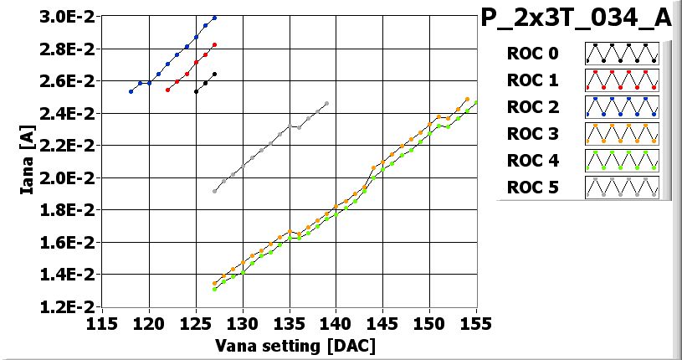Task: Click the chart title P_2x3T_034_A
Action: pyautogui.click(x=577, y=18)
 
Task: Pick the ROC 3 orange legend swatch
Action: pyautogui.click(x=622, y=133)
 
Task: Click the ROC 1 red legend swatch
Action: pyautogui.click(x=622, y=80)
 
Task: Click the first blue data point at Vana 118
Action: pyautogui.click(x=131, y=91)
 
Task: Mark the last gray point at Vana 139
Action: pyautogui.click(x=326, y=104)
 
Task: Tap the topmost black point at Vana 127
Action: pyautogui.click(x=215, y=74)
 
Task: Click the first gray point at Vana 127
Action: pyautogui.click(x=215, y=191)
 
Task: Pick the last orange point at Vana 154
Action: pyautogui.click(x=467, y=99)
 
